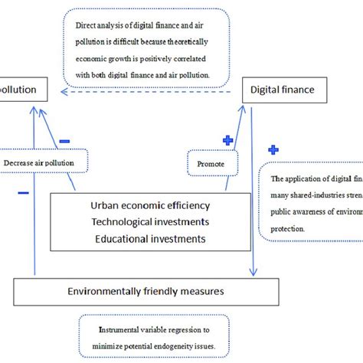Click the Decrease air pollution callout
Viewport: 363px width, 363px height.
(x=39, y=163)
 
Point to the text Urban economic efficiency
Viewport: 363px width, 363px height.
(x=150, y=206)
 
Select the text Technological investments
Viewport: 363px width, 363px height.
(x=149, y=222)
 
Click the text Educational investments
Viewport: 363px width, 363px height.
(x=150, y=238)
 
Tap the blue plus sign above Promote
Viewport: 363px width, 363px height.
(x=227, y=140)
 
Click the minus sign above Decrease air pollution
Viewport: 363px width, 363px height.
(x=64, y=141)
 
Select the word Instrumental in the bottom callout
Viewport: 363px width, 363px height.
(x=120, y=330)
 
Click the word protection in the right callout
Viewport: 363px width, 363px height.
(x=294, y=229)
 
